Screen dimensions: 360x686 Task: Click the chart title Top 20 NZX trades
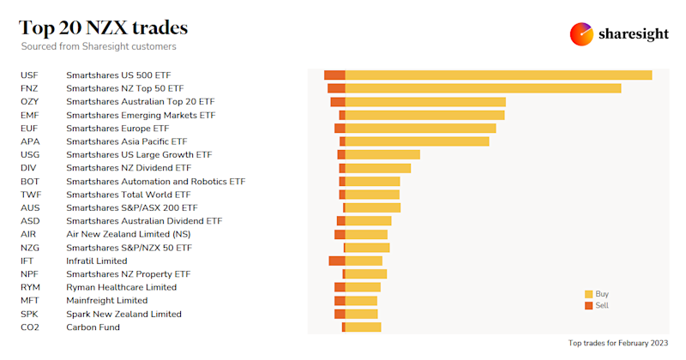(x=104, y=28)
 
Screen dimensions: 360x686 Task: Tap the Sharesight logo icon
(x=581, y=34)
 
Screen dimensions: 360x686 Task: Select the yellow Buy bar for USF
(x=498, y=75)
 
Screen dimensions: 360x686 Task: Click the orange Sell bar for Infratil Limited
(x=336, y=261)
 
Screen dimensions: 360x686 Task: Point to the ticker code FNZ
(x=29, y=88)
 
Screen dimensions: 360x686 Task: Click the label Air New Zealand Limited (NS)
(x=128, y=234)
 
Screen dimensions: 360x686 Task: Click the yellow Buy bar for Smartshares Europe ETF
(x=420, y=129)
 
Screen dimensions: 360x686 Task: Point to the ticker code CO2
(x=30, y=327)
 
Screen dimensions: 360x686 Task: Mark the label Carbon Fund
(x=93, y=327)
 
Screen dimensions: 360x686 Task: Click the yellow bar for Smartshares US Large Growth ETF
(x=382, y=154)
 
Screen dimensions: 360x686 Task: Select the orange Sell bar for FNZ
(x=336, y=88)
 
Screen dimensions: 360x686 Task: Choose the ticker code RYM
(x=30, y=287)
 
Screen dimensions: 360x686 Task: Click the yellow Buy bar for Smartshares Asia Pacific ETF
(x=417, y=141)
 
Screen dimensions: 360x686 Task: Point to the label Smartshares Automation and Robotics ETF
(x=155, y=182)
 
